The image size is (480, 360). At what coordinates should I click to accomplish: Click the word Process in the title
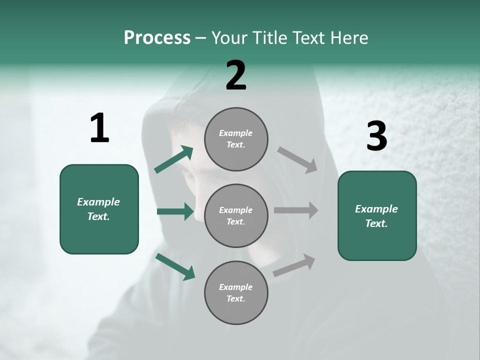pyautogui.click(x=157, y=38)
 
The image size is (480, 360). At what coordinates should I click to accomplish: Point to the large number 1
pyautogui.click(x=99, y=128)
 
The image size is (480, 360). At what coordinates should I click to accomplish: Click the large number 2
pyautogui.click(x=236, y=76)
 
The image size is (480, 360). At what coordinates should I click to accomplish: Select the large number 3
pyautogui.click(x=376, y=136)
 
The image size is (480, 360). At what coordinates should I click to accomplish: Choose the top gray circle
pyautogui.click(x=236, y=138)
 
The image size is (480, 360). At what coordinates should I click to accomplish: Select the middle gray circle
pyautogui.click(x=236, y=215)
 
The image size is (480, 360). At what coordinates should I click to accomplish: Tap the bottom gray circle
pyautogui.click(x=236, y=292)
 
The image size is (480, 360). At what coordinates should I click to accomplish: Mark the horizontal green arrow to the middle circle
pyautogui.click(x=175, y=211)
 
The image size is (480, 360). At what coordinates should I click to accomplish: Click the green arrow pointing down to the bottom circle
pyautogui.click(x=175, y=266)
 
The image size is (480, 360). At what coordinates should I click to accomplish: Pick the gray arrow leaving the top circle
pyautogui.click(x=297, y=160)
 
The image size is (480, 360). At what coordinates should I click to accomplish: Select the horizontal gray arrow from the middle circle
pyautogui.click(x=295, y=210)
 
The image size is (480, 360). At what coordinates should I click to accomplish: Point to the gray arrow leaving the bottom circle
pyautogui.click(x=294, y=265)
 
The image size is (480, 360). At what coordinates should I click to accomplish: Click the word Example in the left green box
pyautogui.click(x=98, y=202)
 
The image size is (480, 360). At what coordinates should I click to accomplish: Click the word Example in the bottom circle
pyautogui.click(x=236, y=287)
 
